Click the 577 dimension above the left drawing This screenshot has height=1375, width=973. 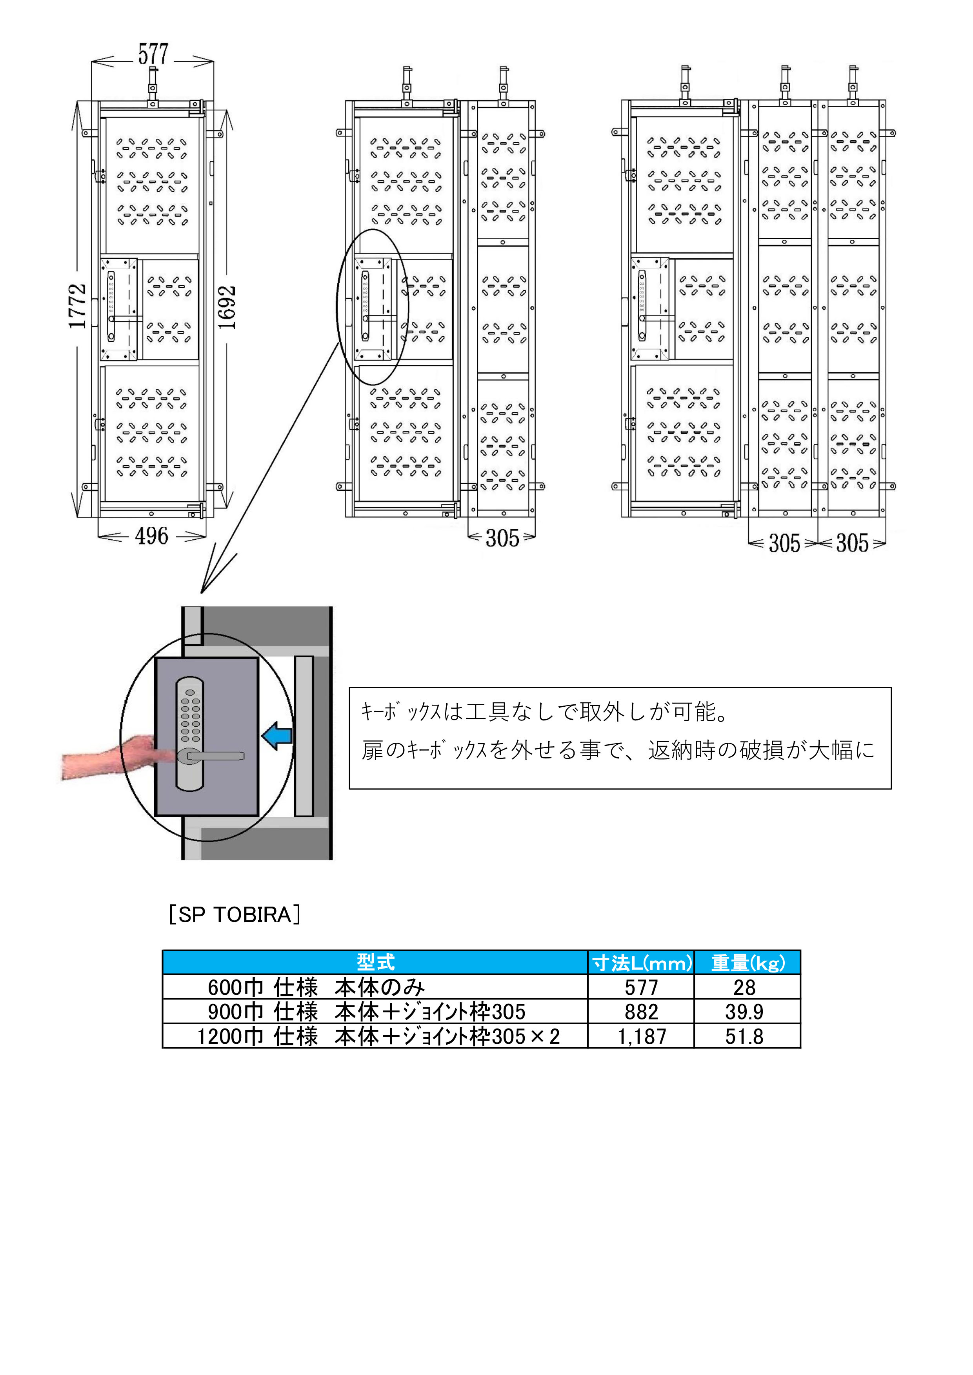[153, 54]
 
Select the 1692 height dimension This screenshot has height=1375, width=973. [226, 307]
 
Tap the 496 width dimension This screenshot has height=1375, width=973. [152, 536]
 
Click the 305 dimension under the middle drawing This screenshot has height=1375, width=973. [502, 538]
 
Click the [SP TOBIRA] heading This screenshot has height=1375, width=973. [234, 914]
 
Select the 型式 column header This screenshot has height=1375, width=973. [376, 962]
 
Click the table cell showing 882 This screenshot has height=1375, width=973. [642, 1012]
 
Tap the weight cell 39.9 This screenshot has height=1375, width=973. [745, 1012]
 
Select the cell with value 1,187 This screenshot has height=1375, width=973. [642, 1036]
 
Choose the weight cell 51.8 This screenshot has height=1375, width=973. [745, 1036]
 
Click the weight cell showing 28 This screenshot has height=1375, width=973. [745, 987]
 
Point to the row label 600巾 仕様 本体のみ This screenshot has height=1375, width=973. [316, 987]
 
